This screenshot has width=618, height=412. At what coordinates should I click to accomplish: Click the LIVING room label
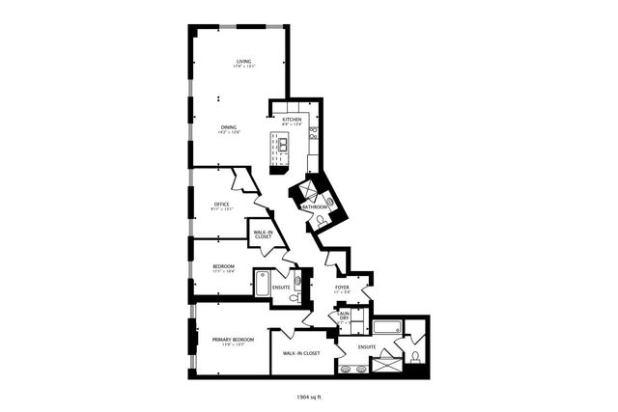coord(243,63)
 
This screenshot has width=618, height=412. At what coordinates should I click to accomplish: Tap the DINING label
coord(229,127)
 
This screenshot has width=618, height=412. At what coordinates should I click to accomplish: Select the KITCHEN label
coord(292,120)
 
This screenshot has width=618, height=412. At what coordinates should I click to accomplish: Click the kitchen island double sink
coord(284,146)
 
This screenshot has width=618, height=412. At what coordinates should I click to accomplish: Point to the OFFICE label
coord(221,204)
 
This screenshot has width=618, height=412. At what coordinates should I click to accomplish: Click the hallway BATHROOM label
coord(315,206)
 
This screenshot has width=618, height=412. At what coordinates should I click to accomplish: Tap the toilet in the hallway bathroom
coord(320,222)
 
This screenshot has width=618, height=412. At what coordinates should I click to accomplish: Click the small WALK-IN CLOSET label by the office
coord(263,234)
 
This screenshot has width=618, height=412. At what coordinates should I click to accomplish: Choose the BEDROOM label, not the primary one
coord(223,266)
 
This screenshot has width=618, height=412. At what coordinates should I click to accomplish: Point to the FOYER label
coord(343,287)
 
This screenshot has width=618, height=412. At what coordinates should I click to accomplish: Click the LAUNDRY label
coord(343,316)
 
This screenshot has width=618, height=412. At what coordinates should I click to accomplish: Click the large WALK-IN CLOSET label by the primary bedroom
coord(301,353)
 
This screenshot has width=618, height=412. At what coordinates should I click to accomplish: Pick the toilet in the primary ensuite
coord(414,355)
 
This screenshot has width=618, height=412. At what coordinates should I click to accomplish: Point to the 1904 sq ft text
coord(310,396)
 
